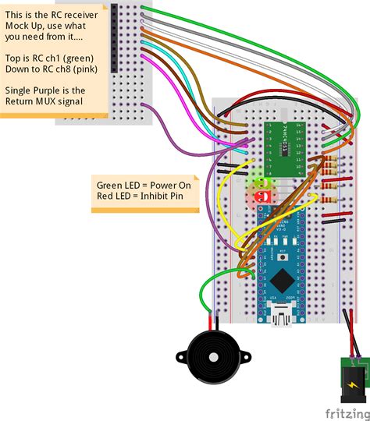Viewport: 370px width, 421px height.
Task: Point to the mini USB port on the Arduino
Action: [279, 317]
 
